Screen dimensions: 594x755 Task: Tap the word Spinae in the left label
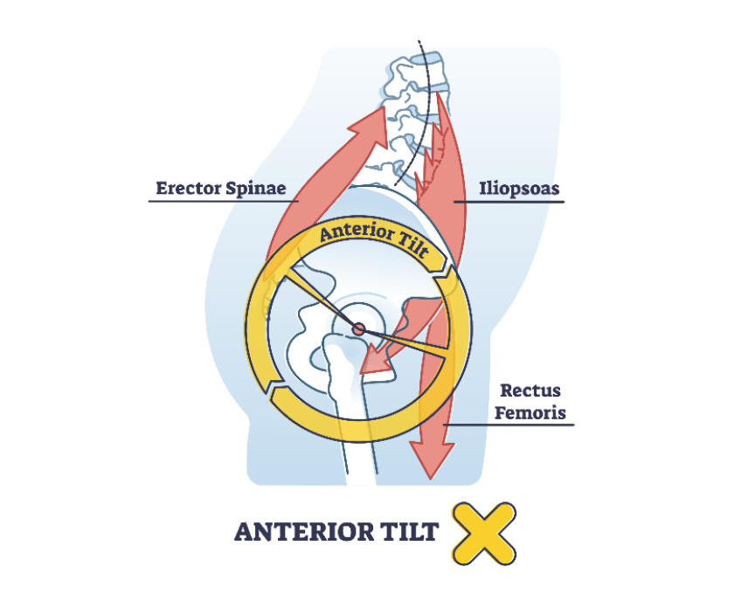[256, 188]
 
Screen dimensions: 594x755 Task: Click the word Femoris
[530, 412]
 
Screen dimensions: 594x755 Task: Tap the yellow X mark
[483, 532]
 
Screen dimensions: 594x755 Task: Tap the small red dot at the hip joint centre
[357, 328]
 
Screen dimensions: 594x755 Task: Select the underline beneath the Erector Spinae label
[223, 202]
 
